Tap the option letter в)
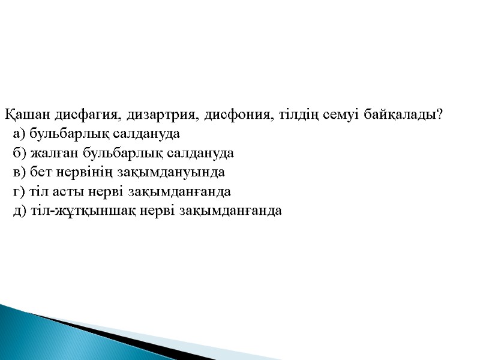click(x=19, y=172)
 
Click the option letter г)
click(x=19, y=192)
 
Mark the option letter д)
click(x=19, y=211)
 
